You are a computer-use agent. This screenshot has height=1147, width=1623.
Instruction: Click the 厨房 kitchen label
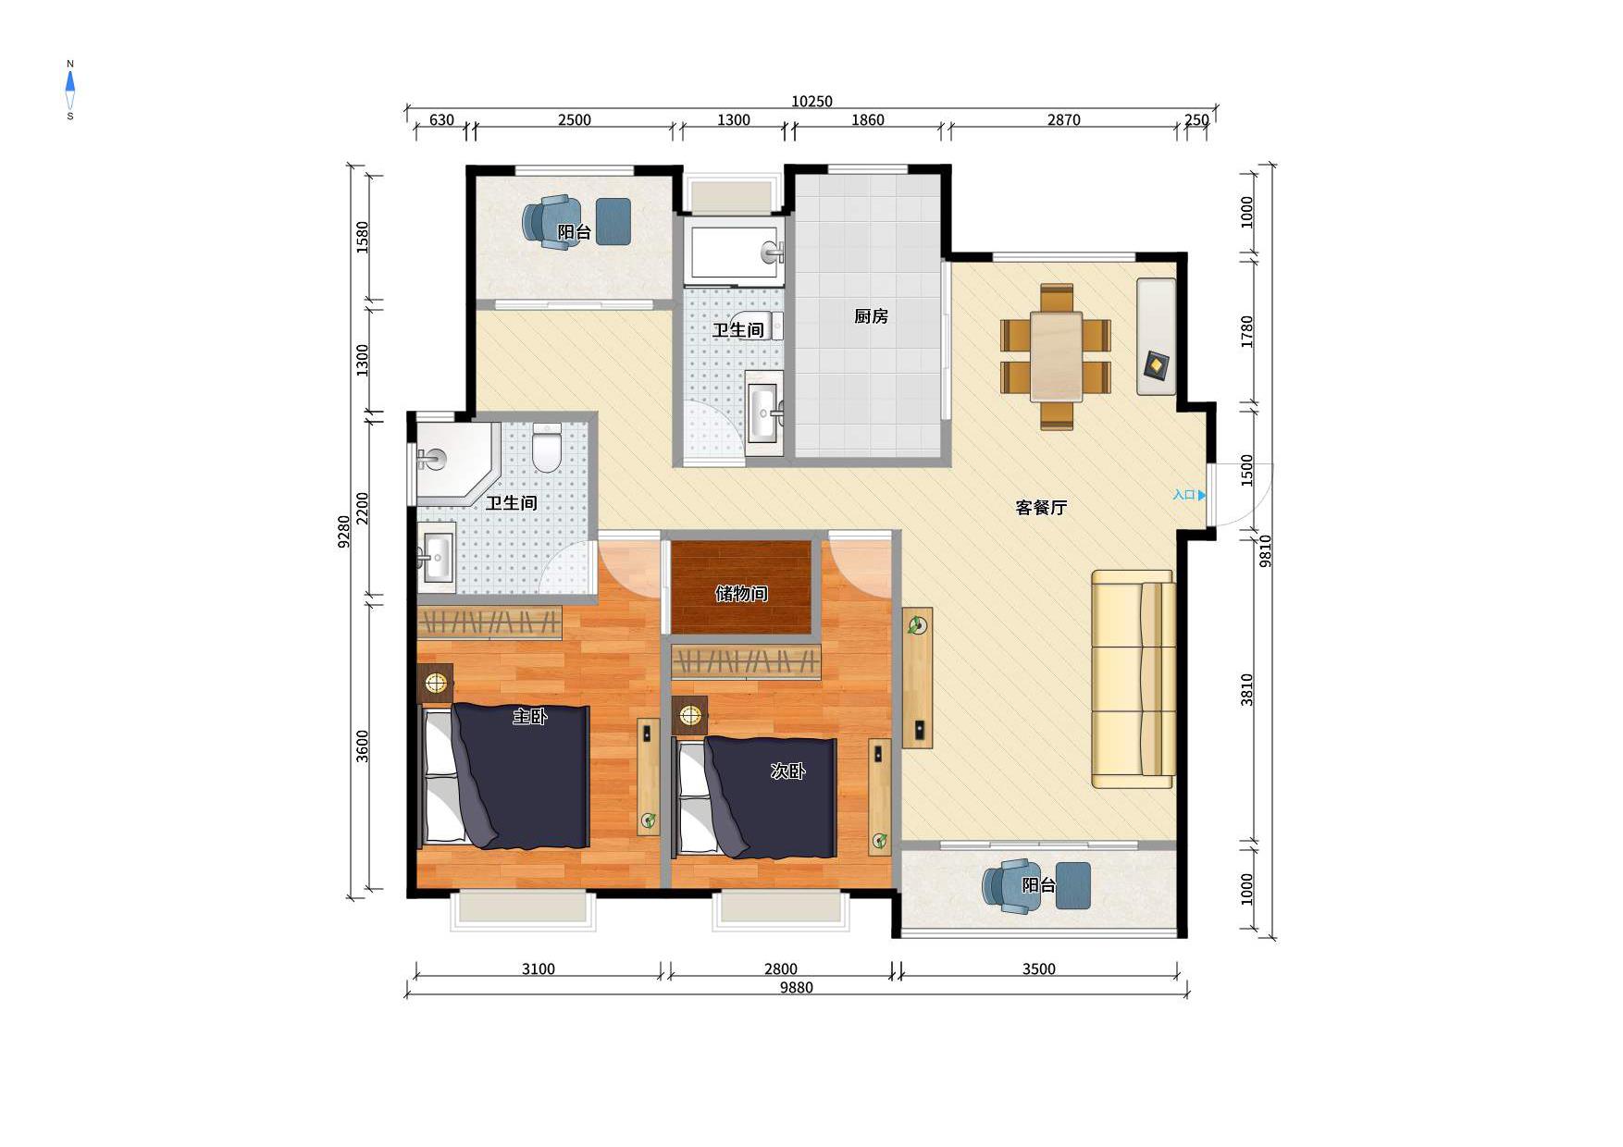pyautogui.click(x=871, y=316)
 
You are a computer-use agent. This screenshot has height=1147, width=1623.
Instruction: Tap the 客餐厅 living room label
pyautogui.click(x=1041, y=508)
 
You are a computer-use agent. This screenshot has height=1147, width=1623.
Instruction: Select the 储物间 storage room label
pyautogui.click(x=741, y=594)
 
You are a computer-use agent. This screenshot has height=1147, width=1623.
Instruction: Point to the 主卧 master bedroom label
pyautogui.click(x=530, y=716)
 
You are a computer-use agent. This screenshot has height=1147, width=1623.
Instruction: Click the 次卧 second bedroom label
pyautogui.click(x=787, y=771)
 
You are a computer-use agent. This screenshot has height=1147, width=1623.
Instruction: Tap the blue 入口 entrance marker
pyautogui.click(x=1189, y=495)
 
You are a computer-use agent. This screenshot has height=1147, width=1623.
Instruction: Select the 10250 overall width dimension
pyautogui.click(x=811, y=102)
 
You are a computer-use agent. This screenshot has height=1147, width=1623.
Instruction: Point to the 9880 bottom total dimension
pyautogui.click(x=796, y=988)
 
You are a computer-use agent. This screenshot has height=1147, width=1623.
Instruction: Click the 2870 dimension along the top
pyautogui.click(x=1063, y=120)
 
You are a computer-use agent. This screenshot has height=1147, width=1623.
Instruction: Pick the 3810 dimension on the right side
pyautogui.click(x=1247, y=689)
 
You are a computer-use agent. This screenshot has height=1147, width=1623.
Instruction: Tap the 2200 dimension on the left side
pyautogui.click(x=363, y=508)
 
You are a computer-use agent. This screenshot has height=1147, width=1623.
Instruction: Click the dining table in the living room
pyautogui.click(x=1056, y=357)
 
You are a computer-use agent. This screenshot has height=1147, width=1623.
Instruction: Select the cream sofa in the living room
pyautogui.click(x=1134, y=679)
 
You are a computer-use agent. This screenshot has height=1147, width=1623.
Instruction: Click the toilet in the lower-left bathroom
pyautogui.click(x=547, y=448)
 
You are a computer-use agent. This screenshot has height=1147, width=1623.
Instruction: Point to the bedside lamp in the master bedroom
pyautogui.click(x=435, y=684)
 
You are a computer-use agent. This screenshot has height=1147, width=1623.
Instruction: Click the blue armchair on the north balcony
pyautogui.click(x=551, y=222)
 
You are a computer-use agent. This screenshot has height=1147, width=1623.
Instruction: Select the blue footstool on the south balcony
pyautogui.click(x=1072, y=885)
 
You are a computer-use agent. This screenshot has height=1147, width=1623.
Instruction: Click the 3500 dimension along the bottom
pyautogui.click(x=1038, y=969)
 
